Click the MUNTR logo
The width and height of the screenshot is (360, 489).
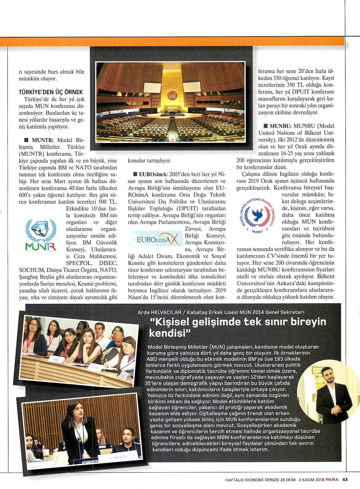(x=40, y=235)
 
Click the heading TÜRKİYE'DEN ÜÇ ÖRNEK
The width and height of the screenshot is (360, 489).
(x=51, y=92)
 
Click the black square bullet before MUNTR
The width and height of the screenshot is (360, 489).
(x=26, y=140)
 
